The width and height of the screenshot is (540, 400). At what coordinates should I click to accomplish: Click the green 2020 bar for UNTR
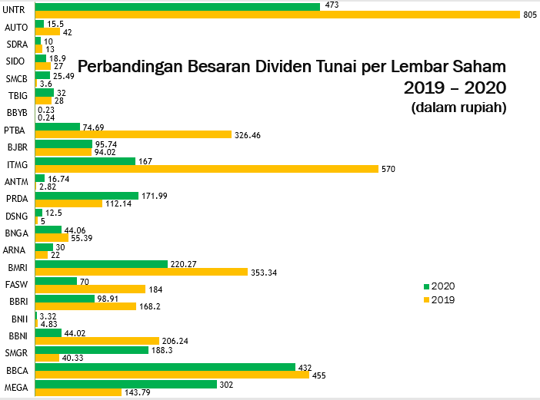[177, 7]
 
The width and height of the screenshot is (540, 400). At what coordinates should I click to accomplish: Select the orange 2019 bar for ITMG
[206, 169]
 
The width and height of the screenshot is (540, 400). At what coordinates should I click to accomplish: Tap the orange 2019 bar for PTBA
[133, 134]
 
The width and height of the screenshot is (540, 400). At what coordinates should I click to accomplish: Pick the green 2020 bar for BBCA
[165, 367]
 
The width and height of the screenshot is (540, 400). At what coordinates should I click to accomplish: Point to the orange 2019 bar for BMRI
[141, 272]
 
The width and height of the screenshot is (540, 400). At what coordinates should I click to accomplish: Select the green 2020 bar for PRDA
[86, 196]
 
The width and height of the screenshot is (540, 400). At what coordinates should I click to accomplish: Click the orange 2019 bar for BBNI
[97, 340]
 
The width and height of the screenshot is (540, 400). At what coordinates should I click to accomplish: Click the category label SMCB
[17, 78]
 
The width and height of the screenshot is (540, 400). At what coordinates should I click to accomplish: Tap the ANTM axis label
[16, 182]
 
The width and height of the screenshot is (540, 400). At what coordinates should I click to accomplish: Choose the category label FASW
[17, 285]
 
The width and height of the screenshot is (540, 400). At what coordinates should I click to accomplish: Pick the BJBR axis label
[17, 147]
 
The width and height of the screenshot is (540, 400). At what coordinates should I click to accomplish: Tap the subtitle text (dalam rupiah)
[458, 107]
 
